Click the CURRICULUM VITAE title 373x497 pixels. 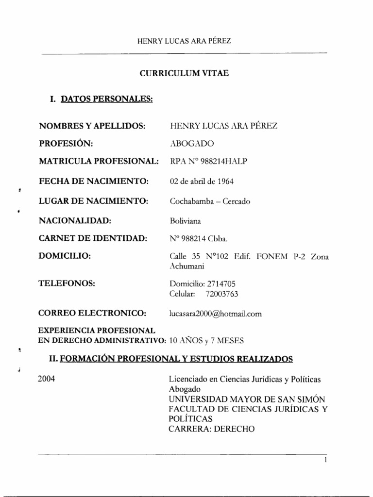point(184,73)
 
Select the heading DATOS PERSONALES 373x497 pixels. point(106,99)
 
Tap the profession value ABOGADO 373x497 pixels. point(191,144)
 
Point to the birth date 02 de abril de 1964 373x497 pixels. point(202,182)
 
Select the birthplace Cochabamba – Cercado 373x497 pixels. point(210,201)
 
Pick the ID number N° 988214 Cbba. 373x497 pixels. point(198,238)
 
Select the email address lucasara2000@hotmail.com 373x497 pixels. point(216,314)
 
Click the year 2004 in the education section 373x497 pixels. point(46,379)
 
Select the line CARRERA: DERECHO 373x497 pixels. point(211,429)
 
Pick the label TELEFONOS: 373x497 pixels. point(66,283)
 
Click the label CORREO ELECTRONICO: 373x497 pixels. point(92,313)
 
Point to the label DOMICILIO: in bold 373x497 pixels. point(65,256)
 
